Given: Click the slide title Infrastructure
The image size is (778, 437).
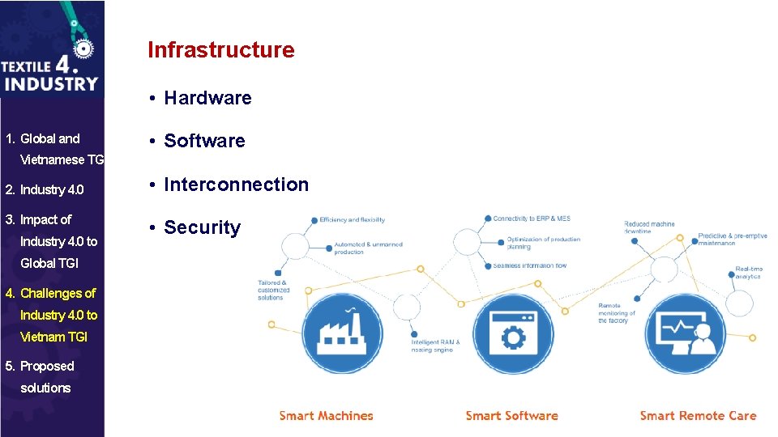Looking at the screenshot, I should (x=220, y=50).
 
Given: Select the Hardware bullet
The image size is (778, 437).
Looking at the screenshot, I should (x=207, y=98).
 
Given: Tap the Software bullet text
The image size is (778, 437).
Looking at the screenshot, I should (x=204, y=141).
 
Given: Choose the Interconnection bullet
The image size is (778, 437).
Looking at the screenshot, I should (x=236, y=185).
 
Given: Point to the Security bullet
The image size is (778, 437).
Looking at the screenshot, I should (x=202, y=227).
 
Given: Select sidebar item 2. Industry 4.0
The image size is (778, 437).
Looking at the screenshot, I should (x=52, y=189).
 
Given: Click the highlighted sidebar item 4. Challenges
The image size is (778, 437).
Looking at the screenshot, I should (x=58, y=315).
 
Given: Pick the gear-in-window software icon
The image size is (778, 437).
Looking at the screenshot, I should (x=512, y=334).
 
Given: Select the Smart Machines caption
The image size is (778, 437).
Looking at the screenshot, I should (x=326, y=416).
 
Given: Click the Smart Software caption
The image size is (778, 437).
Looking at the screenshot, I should (x=511, y=416).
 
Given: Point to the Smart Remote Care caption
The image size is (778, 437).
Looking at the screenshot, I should (x=698, y=416).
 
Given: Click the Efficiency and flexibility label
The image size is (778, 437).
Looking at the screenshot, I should (x=352, y=220).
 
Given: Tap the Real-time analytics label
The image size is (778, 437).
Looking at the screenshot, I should (x=748, y=273).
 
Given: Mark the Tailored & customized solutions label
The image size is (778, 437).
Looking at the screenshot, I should (x=273, y=291).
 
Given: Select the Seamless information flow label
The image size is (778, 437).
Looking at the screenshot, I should (x=529, y=265).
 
